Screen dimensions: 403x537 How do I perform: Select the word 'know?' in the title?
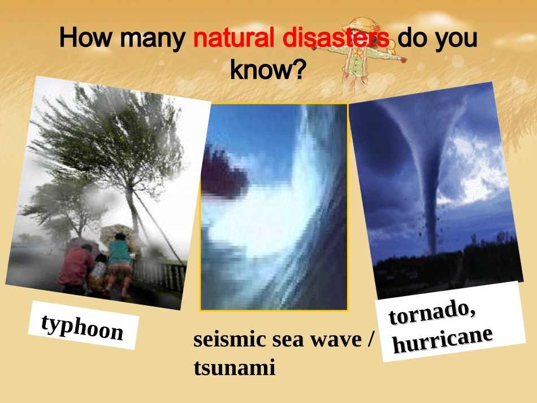pos(268,70)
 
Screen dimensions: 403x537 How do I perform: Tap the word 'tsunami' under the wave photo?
pos(234,368)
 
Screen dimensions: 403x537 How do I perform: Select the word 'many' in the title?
pos(153,38)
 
